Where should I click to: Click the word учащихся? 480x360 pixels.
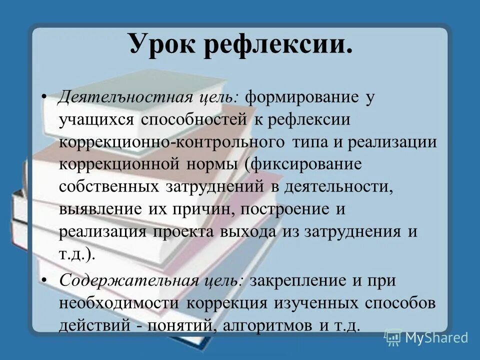click(96, 119)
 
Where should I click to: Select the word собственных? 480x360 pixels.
click(107, 186)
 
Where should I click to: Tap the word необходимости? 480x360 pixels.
click(120, 303)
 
